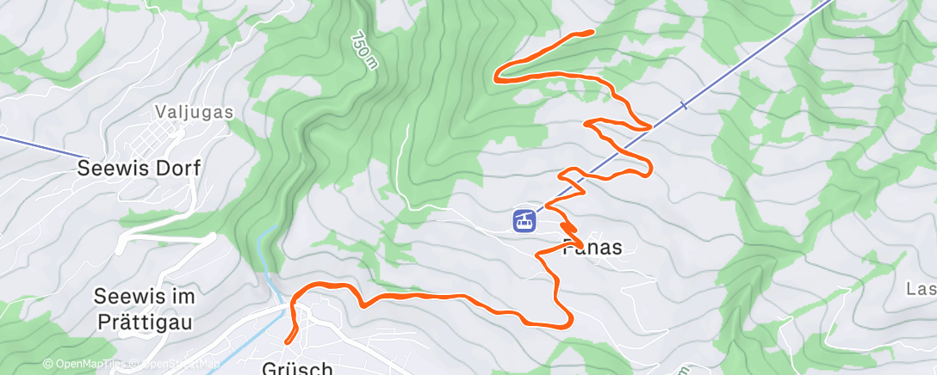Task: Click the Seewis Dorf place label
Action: pos(139,169)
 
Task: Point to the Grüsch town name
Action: pos(297,368)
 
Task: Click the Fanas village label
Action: pos(592,249)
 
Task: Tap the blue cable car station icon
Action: pos(523,220)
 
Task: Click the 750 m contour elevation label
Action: pos(364,51)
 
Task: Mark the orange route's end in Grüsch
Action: pos(288,342)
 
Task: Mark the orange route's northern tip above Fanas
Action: pos(591,32)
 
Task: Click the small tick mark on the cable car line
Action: pos(684,106)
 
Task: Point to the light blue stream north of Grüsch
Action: pos(274,258)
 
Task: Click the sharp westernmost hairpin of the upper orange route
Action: pos(495,77)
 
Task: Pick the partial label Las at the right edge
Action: pos(921,288)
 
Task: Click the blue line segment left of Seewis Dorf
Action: pos(34,146)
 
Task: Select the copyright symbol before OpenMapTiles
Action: pos(48,364)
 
